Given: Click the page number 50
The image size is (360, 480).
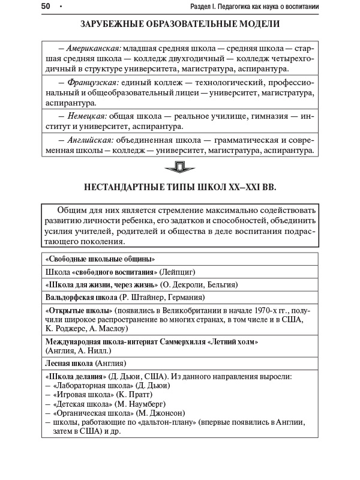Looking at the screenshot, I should (46, 7).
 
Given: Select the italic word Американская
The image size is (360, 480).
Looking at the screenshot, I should (94, 47).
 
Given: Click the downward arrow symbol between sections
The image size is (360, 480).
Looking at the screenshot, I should (180, 167).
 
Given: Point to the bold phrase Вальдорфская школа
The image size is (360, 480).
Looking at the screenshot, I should (81, 297).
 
